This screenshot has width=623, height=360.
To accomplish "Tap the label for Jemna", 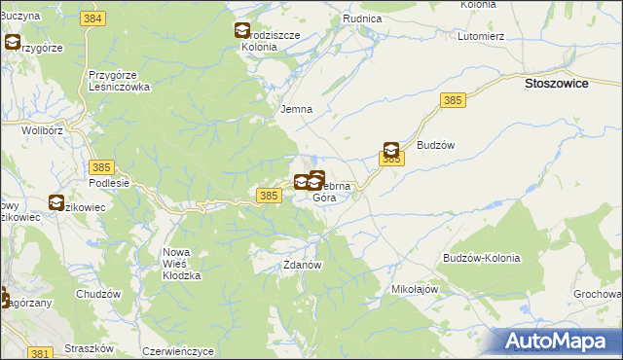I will pos(296,109).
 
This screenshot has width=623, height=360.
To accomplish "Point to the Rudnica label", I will pos(362,18).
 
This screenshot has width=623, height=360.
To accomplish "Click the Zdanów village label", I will pos(302,264).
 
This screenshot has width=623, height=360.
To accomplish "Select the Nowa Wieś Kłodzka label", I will pos(181,264).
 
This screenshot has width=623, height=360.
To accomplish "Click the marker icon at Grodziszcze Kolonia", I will pos(241,31).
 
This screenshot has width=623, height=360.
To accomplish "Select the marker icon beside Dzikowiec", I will pos(56,202).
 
